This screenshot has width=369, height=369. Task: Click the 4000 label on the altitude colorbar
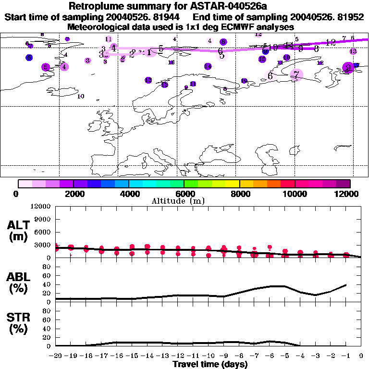pos(129,194)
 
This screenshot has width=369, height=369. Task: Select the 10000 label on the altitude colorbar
pos(295,194)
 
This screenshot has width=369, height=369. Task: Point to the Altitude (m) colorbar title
pos(184,201)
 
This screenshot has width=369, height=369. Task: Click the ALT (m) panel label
pos(18,231)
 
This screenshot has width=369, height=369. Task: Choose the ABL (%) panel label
pos(18,283)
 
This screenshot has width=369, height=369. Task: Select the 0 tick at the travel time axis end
pos(361,356)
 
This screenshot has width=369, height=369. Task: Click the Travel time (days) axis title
pos(210,365)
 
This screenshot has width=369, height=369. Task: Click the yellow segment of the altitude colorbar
pos(233,184)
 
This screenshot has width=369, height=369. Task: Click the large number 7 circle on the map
pos(296,74)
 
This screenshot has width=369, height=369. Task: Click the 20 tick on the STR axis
pos(47,337)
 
